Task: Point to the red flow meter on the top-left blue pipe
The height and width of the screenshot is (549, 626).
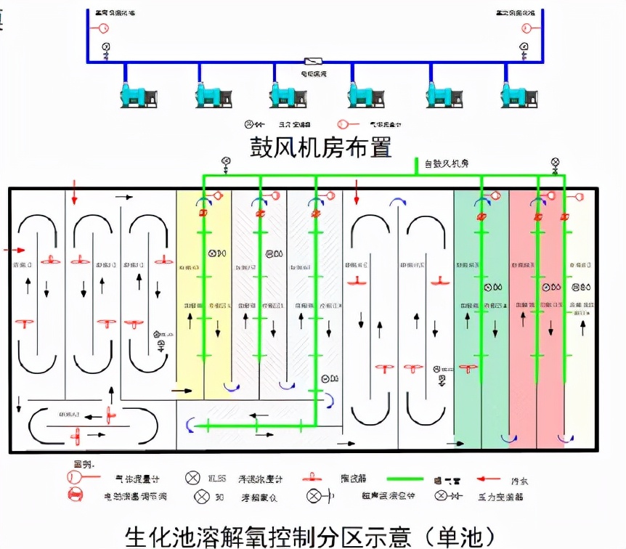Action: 102,28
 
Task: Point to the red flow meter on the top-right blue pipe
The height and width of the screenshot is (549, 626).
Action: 527,28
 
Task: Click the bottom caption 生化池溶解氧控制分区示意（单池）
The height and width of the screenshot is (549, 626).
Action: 311,536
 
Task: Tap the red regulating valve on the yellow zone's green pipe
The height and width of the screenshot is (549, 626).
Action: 203,213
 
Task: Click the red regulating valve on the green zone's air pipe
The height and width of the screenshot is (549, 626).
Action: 481,216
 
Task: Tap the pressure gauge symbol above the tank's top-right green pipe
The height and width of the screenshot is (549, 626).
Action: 556,163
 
